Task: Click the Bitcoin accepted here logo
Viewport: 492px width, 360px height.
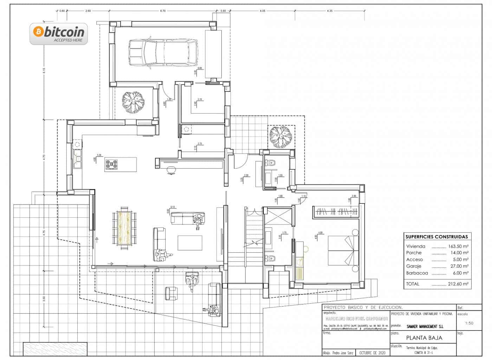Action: tap(59, 34)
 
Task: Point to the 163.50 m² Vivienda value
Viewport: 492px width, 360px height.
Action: tap(458, 246)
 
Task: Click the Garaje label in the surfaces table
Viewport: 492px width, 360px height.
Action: tap(414, 266)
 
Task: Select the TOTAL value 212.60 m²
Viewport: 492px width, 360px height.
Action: tap(458, 284)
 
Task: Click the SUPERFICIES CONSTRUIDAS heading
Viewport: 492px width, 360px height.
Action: tap(436, 237)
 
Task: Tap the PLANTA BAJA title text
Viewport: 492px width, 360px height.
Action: tap(424, 338)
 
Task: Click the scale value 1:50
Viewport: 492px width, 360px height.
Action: tap(469, 323)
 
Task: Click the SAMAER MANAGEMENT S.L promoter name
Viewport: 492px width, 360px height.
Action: tap(425, 327)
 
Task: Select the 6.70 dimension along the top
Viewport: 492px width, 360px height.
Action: tap(163, 11)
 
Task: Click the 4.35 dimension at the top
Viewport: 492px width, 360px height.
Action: tap(329, 11)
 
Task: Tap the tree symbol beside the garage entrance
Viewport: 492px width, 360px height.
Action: tap(133, 102)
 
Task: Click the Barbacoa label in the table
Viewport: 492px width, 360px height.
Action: tap(417, 273)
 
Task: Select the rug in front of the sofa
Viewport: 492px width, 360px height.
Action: tap(190, 243)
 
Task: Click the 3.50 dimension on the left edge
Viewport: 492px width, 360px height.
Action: tap(44, 298)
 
